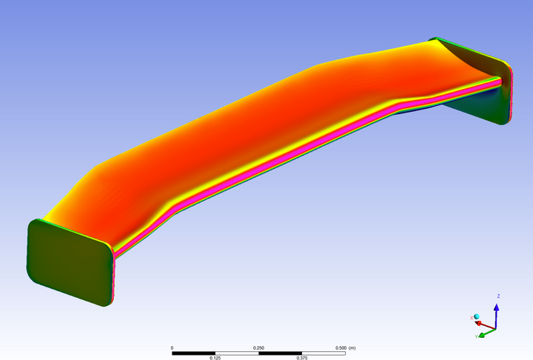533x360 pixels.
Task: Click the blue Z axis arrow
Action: click(x=496, y=312)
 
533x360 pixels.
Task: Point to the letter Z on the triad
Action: click(x=498, y=296)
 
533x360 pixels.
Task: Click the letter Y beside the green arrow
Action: click(x=476, y=337)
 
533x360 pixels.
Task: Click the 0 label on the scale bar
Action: click(x=172, y=347)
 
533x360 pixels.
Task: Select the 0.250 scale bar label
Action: click(x=258, y=347)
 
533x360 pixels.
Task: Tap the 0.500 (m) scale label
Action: click(x=346, y=347)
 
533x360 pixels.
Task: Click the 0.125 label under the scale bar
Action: click(x=215, y=358)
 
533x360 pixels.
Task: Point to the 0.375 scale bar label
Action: click(x=302, y=358)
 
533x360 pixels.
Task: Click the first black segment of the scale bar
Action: click(x=194, y=353)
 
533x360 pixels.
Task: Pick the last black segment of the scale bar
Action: click(x=324, y=353)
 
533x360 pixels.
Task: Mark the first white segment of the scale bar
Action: click(x=237, y=353)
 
